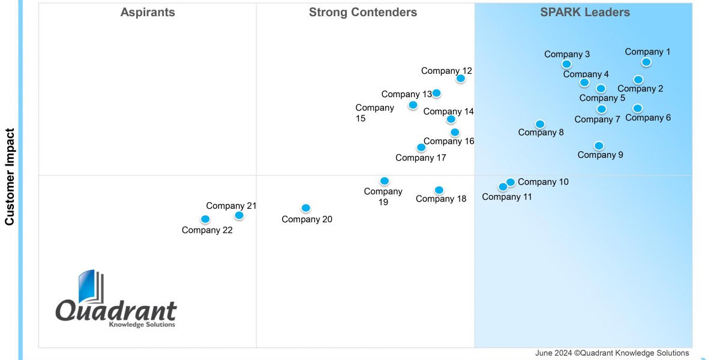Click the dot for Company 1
646,62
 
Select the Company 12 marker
461,78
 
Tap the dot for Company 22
205,219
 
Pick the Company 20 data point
306,208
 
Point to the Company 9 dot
599,146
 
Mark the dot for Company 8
540,124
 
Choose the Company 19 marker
385,181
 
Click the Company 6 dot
638,109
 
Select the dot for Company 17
421,148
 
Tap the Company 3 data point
566,64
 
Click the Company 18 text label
441,199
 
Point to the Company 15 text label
374,113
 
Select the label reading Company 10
543,182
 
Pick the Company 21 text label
231,206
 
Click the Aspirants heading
148,13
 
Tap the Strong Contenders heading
363,13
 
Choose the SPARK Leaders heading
585,13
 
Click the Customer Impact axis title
10,176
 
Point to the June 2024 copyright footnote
612,353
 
